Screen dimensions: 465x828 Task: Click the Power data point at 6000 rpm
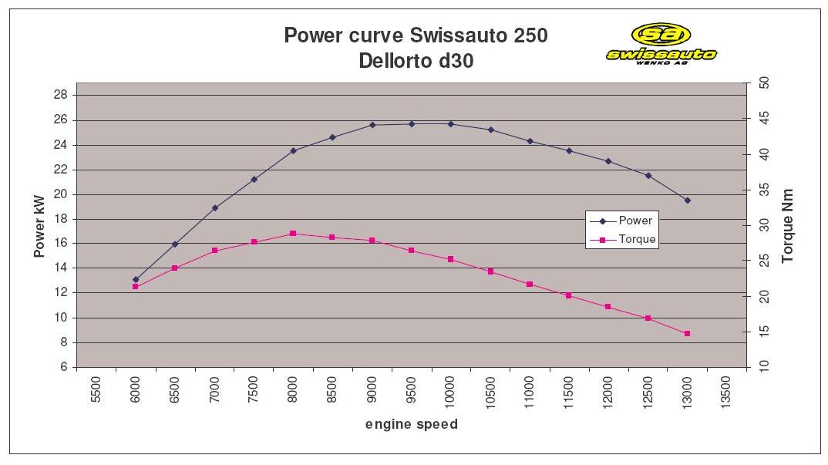(x=136, y=279)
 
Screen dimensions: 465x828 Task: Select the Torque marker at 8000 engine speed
(x=293, y=233)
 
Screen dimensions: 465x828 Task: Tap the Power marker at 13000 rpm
(x=687, y=200)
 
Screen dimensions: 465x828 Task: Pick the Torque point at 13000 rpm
(x=687, y=333)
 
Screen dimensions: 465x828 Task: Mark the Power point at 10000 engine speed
(x=451, y=123)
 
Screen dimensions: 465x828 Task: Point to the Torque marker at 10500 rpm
(x=490, y=271)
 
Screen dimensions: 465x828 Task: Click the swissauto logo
(x=661, y=43)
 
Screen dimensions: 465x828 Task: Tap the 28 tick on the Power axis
(x=61, y=95)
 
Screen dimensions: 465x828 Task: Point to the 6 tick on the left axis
(x=64, y=367)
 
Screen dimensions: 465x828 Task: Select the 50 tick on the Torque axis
(x=763, y=83)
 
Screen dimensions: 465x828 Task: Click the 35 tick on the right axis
(x=763, y=189)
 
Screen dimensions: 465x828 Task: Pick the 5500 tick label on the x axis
(x=96, y=390)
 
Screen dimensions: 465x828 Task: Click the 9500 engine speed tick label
(x=412, y=390)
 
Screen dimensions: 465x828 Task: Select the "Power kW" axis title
(x=39, y=224)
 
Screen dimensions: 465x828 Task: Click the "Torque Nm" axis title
(x=788, y=226)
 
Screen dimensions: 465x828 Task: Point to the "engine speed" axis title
(x=411, y=424)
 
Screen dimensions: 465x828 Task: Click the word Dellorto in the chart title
(x=395, y=61)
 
